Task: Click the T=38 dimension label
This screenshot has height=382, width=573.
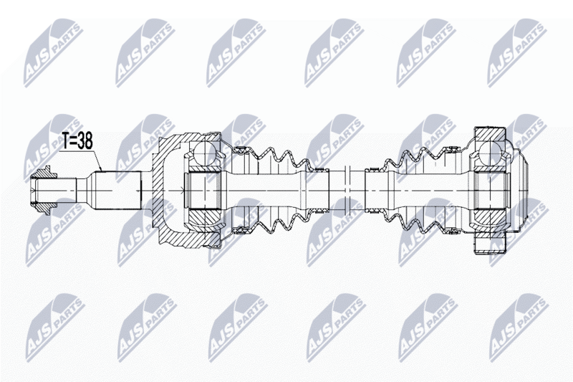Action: click(77, 141)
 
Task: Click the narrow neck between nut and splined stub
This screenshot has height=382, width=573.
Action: click(83, 191)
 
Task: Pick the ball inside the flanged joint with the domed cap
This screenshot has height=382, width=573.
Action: click(489, 153)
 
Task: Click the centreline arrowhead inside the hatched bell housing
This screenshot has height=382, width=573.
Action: click(183, 190)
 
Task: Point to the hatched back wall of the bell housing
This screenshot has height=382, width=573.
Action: click(158, 191)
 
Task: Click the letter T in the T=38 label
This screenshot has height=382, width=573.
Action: click(64, 141)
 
